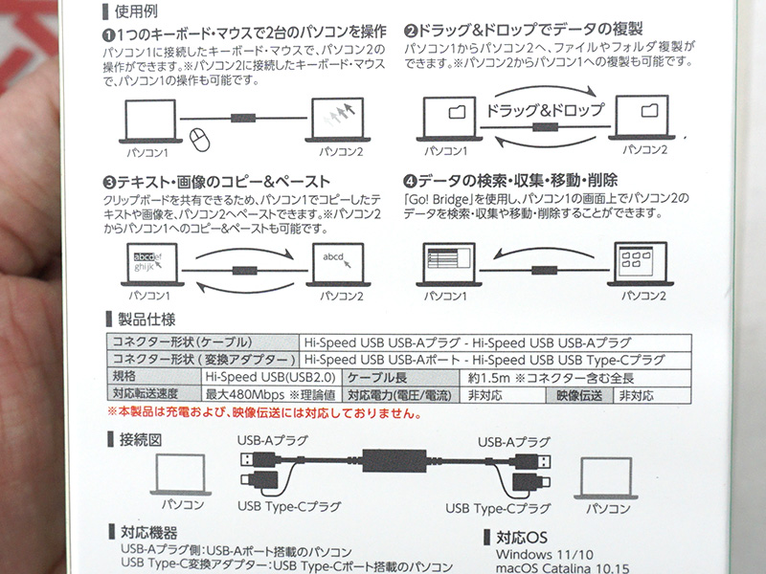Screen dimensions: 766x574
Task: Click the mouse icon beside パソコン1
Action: (x=199, y=140)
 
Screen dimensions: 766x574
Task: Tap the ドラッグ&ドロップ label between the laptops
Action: (x=545, y=110)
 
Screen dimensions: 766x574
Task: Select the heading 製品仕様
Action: (x=146, y=320)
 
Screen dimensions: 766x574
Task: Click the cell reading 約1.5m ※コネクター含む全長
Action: (x=551, y=378)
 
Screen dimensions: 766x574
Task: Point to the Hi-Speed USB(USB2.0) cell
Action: (x=270, y=377)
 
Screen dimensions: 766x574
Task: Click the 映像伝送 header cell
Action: (x=579, y=395)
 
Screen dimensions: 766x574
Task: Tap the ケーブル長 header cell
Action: (x=401, y=378)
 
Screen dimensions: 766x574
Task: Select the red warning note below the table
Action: (x=265, y=413)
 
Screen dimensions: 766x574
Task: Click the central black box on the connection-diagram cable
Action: (x=394, y=461)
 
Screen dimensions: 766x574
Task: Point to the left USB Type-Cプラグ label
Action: (x=289, y=507)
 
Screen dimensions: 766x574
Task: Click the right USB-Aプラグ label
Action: (x=514, y=442)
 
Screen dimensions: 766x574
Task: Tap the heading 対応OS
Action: (x=522, y=538)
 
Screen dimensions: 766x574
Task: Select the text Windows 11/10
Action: (x=545, y=555)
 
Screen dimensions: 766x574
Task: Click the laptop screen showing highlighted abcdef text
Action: (x=152, y=262)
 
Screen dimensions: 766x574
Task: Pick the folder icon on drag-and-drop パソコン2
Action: (x=649, y=111)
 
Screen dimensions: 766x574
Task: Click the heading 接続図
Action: (x=141, y=440)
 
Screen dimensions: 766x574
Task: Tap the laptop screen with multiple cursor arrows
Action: (x=338, y=118)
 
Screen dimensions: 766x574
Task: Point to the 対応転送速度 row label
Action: (x=146, y=393)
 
